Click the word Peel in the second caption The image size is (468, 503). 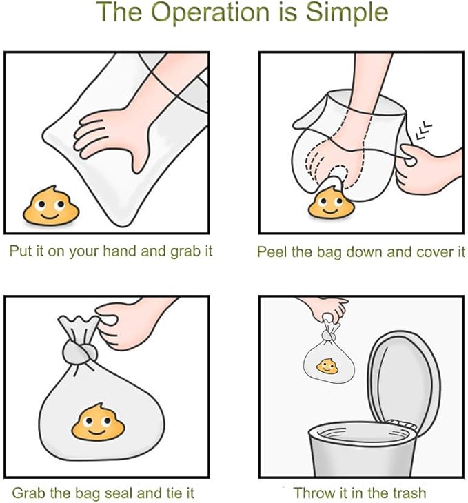[272, 252]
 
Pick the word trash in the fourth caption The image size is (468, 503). [408, 493]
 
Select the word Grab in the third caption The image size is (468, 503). [28, 493]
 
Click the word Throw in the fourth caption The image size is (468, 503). [312, 493]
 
